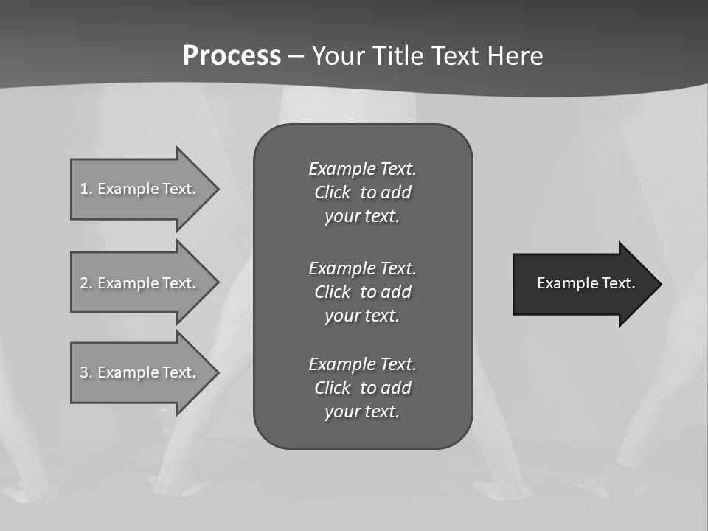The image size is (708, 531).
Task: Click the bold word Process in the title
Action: click(x=232, y=56)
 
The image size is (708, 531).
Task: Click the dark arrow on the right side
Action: click(x=583, y=284)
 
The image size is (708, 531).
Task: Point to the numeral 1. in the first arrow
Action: click(x=86, y=189)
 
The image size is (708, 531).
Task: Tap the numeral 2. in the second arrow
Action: click(x=86, y=283)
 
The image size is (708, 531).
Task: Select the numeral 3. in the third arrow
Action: click(x=86, y=372)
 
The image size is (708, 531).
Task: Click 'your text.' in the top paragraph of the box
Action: click(x=362, y=217)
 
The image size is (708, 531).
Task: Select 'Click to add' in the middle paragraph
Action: click(x=362, y=292)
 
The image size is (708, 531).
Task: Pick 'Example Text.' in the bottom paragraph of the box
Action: click(x=362, y=364)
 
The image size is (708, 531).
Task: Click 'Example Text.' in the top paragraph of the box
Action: click(x=362, y=169)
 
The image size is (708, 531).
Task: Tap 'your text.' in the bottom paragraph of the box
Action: click(x=362, y=412)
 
